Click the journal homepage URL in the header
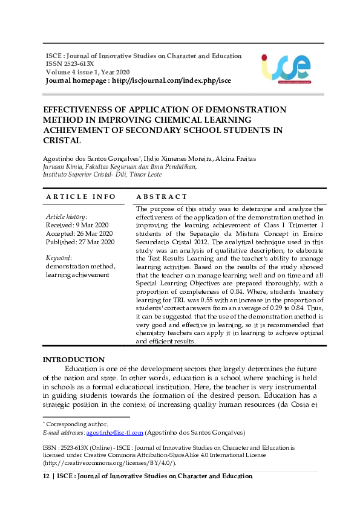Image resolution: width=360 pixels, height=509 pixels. pos(172,80)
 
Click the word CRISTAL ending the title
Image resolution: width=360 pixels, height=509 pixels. pos(62,140)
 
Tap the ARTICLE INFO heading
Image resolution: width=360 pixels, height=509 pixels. pos(81,197)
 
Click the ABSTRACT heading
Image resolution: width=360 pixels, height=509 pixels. pos(162,197)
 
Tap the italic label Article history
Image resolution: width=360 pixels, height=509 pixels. pos(67,216)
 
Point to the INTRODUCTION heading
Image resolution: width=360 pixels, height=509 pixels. pos(73,360)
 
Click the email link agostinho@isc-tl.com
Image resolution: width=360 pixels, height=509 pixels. pos(114,433)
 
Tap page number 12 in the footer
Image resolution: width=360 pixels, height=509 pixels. pos(45,476)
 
